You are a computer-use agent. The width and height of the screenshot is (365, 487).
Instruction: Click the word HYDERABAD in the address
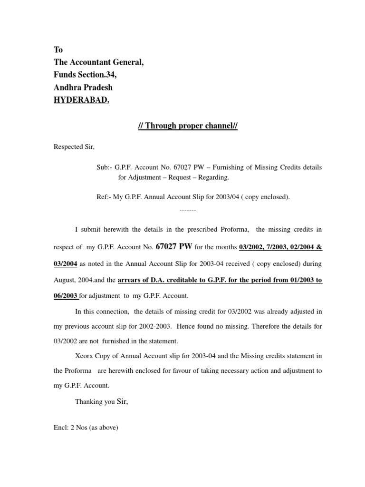pyautogui.click(x=81, y=101)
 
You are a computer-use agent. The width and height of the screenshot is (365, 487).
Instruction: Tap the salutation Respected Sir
pyautogui.click(x=74, y=146)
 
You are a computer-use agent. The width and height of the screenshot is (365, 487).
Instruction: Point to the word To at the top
pyautogui.click(x=58, y=50)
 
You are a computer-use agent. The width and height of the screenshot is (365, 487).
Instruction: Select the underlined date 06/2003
pyautogui.click(x=66, y=295)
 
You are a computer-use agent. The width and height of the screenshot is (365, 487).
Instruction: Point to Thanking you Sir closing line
pyautogui.click(x=101, y=401)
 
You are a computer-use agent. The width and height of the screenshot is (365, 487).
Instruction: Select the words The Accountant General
pyautogui.click(x=98, y=62)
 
